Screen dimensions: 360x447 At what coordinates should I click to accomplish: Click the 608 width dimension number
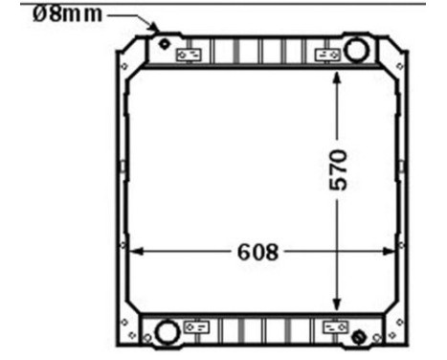(x=257, y=252)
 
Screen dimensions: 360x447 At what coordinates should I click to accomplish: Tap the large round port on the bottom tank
(x=167, y=331)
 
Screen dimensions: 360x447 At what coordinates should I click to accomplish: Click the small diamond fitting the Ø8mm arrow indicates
(x=164, y=44)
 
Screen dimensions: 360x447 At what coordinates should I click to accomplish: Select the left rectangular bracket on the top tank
(x=189, y=54)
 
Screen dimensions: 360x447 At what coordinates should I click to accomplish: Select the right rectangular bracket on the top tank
(x=330, y=54)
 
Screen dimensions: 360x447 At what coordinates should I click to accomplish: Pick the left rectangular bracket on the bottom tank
(x=195, y=326)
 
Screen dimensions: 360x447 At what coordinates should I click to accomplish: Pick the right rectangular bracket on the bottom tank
(x=334, y=326)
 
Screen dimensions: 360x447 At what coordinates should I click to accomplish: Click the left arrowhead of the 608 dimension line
(x=133, y=252)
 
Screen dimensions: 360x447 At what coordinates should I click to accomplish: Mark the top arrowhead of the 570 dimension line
(x=336, y=76)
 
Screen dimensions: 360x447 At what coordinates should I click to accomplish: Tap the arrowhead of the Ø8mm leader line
(x=153, y=32)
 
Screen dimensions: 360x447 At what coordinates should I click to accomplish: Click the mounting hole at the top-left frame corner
(x=124, y=64)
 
